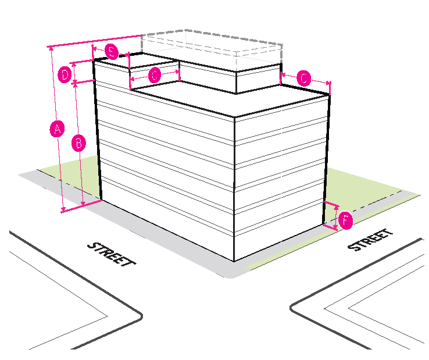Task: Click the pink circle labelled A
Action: click(56, 129)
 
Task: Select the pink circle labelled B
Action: click(78, 142)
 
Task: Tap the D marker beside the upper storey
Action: click(66, 74)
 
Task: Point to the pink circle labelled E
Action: click(112, 52)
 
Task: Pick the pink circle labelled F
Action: click(345, 220)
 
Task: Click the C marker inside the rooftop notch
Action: click(155, 74)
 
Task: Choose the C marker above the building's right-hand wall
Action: click(304, 78)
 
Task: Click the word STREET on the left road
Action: click(111, 254)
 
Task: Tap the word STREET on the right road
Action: click(370, 240)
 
